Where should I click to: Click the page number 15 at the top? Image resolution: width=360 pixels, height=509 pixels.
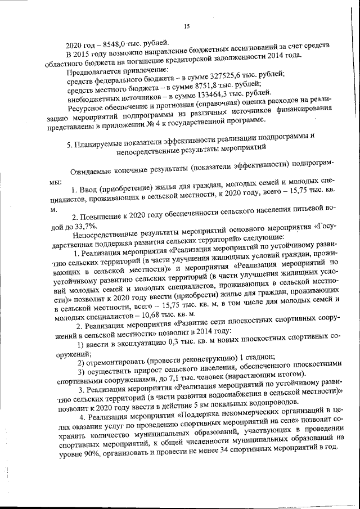(187, 24)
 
